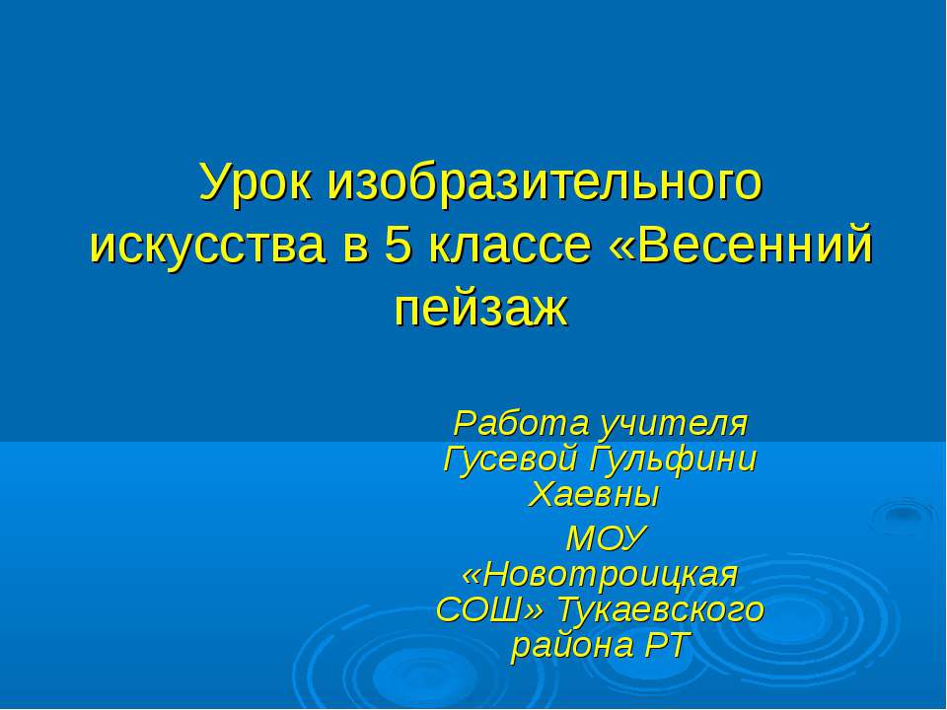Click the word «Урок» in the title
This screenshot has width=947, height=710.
point(257,182)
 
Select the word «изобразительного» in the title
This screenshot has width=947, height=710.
point(546,182)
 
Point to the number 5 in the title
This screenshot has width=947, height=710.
point(398,246)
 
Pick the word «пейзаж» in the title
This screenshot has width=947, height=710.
point(481,308)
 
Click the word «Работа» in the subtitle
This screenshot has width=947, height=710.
point(511,425)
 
